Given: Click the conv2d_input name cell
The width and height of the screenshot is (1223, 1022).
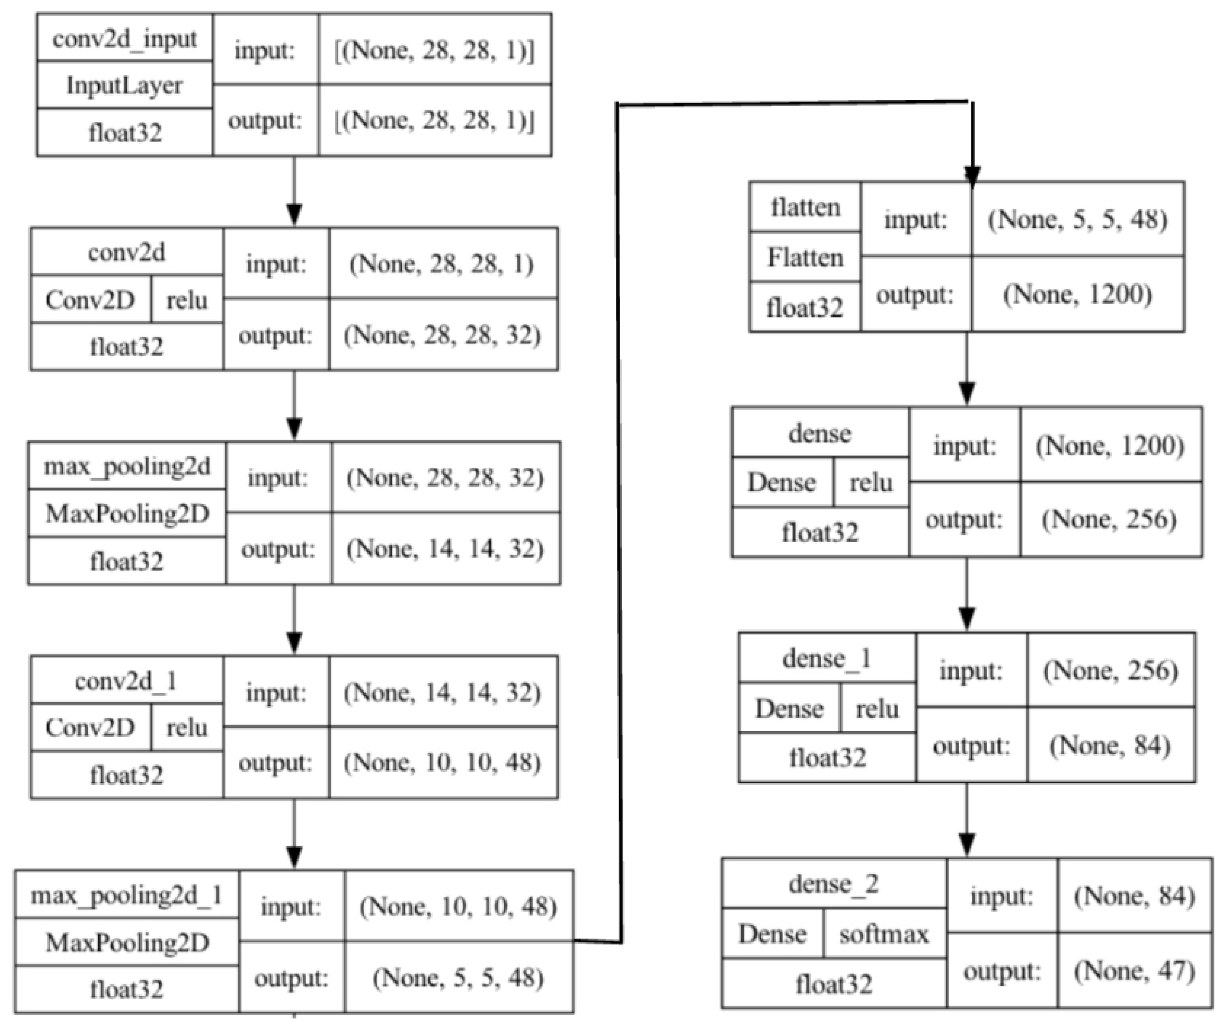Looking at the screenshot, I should pyautogui.click(x=125, y=38).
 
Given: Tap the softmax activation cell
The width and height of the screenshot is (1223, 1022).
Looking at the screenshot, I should pyautogui.click(x=884, y=934).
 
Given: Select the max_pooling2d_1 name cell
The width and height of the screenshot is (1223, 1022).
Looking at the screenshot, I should pyautogui.click(x=126, y=895).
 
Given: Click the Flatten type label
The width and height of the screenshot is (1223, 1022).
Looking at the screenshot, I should pyautogui.click(x=805, y=257).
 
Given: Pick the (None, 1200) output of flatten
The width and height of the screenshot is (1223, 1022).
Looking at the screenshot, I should pyautogui.click(x=1078, y=295).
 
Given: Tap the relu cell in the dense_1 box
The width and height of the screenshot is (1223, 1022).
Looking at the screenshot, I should pyautogui.click(x=877, y=709).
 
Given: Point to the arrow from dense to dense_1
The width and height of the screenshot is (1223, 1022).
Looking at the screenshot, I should pyautogui.click(x=967, y=594).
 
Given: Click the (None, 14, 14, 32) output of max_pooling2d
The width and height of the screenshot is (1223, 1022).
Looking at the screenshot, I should pyautogui.click(x=445, y=549).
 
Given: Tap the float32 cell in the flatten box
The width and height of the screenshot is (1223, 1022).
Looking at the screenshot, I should pyautogui.click(x=805, y=307).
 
